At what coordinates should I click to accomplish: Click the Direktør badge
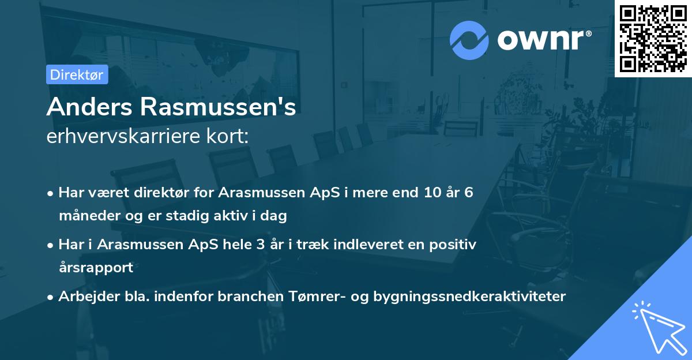(77, 74)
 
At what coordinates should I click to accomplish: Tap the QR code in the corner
(653, 38)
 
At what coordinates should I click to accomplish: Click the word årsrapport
(96, 268)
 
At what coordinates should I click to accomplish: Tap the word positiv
(453, 245)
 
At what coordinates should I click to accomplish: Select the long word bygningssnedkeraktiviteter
(469, 297)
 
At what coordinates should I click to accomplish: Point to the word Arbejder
(84, 297)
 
